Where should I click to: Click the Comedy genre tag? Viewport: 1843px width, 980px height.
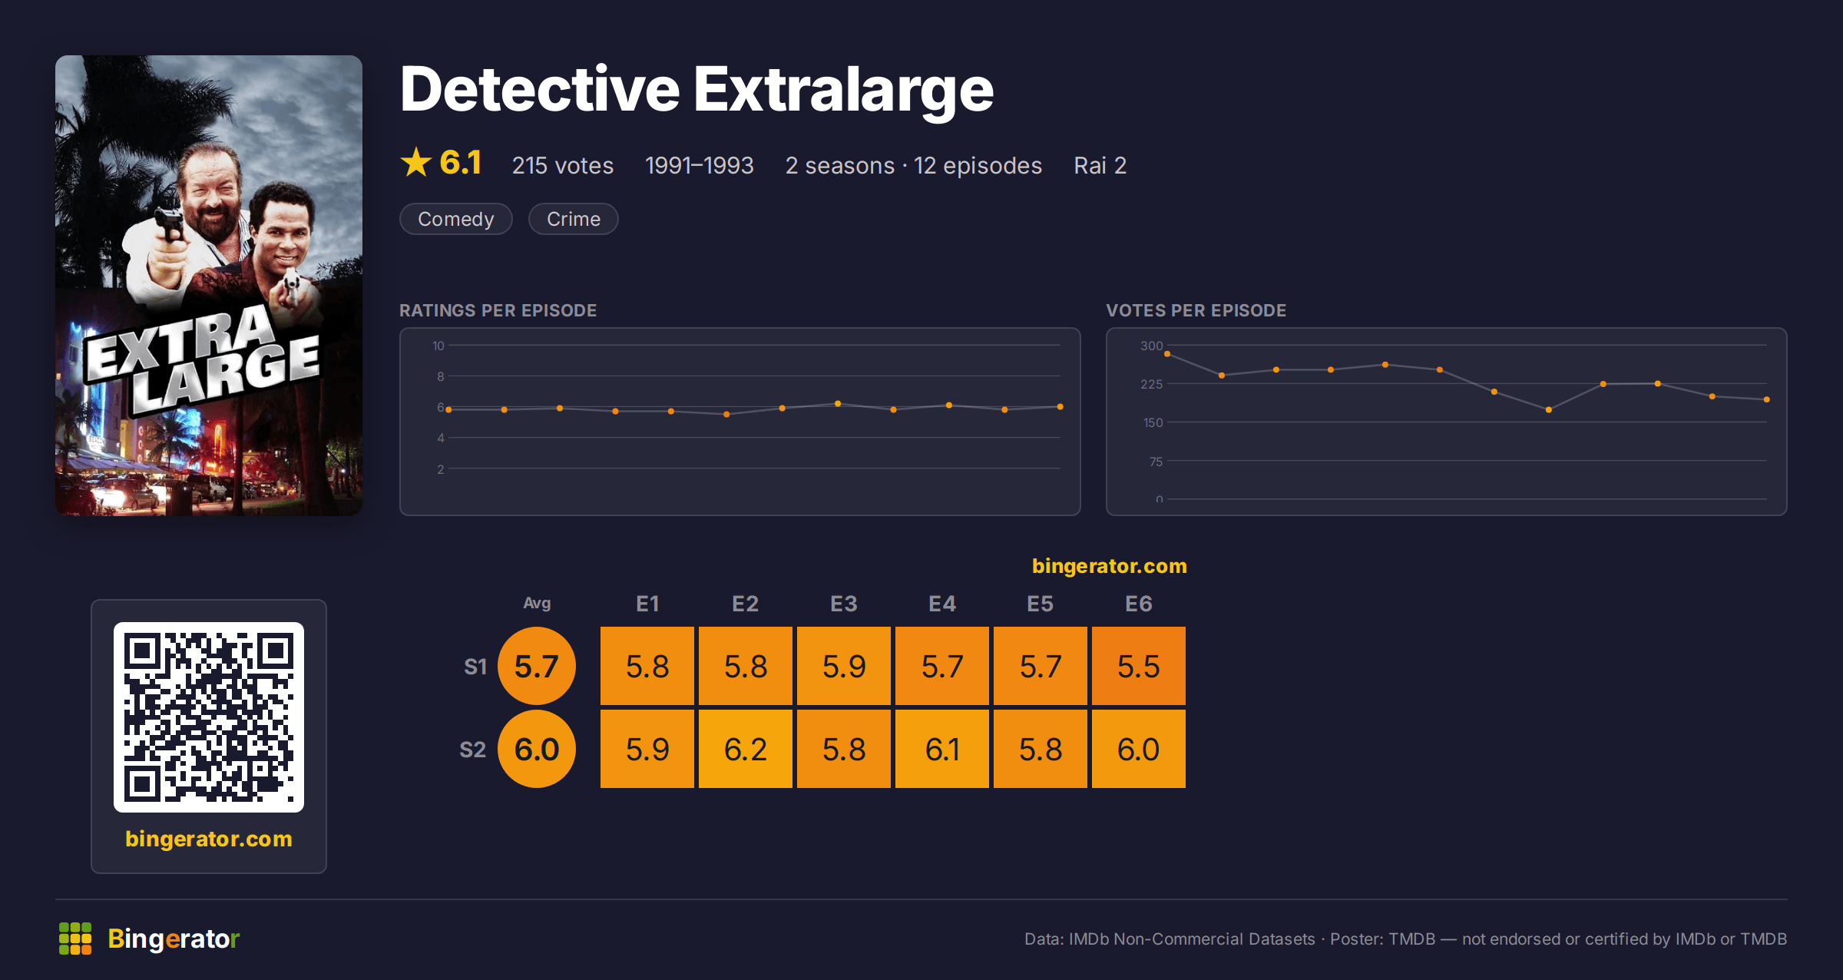click(455, 219)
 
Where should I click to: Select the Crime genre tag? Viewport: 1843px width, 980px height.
click(573, 219)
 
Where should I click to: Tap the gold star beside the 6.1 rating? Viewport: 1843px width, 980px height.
click(416, 162)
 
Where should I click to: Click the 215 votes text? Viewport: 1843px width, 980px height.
click(563, 165)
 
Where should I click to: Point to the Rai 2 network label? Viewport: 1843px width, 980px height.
click(1100, 165)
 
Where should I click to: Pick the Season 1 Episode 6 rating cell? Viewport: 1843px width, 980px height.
click(1138, 666)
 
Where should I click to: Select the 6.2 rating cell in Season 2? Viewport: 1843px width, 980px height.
click(745, 749)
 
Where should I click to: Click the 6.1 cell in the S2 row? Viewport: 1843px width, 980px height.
click(941, 749)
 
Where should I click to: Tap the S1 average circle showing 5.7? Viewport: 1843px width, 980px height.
click(537, 666)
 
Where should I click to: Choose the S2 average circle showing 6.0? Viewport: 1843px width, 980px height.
click(537, 749)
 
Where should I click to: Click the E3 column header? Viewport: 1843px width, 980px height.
click(843, 604)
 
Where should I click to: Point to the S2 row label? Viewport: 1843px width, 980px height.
click(473, 750)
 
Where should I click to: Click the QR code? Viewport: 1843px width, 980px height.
click(209, 717)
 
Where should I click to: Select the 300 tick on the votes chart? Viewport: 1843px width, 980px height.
click(1151, 346)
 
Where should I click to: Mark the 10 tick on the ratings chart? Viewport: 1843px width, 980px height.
click(438, 346)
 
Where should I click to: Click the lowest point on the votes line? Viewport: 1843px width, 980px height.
click(1548, 410)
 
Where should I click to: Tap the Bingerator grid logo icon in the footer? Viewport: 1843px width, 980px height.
click(75, 939)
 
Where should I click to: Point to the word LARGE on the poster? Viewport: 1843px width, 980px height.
click(224, 374)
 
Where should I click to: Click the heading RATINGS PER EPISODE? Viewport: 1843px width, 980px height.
click(498, 310)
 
